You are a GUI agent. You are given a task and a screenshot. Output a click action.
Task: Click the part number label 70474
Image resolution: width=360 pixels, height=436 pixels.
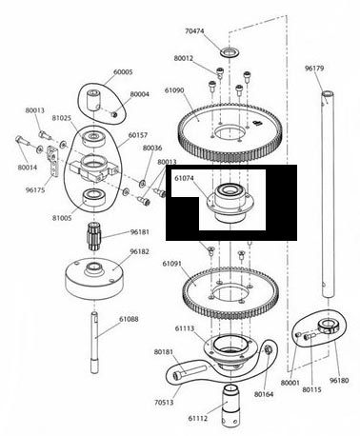[194, 31]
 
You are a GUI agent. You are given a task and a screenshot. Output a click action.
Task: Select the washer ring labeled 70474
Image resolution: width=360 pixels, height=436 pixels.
[229, 52]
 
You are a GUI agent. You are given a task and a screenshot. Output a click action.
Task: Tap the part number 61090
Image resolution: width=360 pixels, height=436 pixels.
[174, 90]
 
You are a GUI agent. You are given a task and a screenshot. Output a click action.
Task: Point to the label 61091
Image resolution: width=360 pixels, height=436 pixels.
[171, 264]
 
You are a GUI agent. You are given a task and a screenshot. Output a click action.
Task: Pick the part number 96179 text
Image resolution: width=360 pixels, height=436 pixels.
[314, 69]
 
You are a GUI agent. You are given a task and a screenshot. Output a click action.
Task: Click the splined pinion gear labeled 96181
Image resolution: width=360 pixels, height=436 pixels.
[93, 237]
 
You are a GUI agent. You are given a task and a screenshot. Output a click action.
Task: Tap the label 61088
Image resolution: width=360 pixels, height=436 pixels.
[129, 319]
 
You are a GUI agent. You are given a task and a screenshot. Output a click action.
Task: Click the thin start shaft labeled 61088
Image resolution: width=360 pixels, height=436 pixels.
[94, 343]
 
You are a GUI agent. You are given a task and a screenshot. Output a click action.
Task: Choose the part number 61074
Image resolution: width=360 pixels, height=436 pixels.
[184, 178]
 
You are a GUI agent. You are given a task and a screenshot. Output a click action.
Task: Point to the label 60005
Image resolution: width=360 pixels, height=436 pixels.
[123, 72]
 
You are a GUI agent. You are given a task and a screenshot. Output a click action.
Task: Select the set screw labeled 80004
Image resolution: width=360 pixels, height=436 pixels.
[114, 113]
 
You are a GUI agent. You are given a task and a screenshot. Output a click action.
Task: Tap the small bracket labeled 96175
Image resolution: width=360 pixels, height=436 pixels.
[52, 161]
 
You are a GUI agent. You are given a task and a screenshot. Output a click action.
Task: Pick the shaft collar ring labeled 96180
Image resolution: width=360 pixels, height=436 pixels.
[327, 327]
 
